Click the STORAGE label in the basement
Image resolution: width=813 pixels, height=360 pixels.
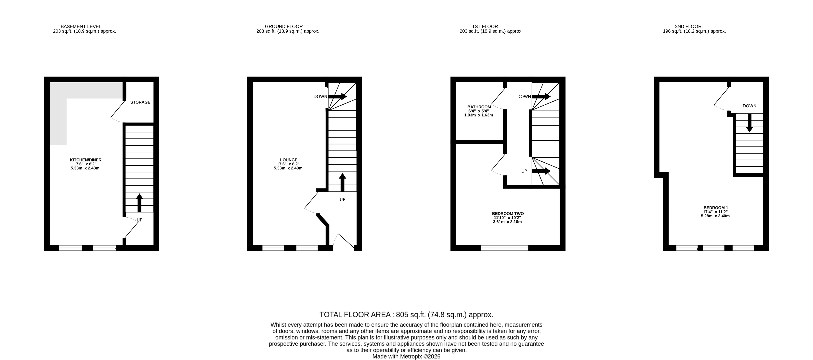[x=140, y=102]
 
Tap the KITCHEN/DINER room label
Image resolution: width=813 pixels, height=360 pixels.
[x=86, y=160]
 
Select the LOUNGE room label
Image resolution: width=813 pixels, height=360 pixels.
[x=288, y=160]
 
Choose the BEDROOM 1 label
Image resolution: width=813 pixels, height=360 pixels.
[x=715, y=208]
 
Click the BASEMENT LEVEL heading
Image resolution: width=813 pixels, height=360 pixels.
[x=81, y=26]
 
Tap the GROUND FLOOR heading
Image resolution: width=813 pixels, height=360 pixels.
[x=284, y=26]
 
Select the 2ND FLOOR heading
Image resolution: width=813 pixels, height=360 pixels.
[x=688, y=26]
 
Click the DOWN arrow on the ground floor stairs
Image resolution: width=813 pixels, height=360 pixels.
[x=337, y=96]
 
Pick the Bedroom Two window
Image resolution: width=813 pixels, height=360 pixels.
[x=504, y=248]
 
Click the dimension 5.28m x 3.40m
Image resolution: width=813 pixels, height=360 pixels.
[x=715, y=216]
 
